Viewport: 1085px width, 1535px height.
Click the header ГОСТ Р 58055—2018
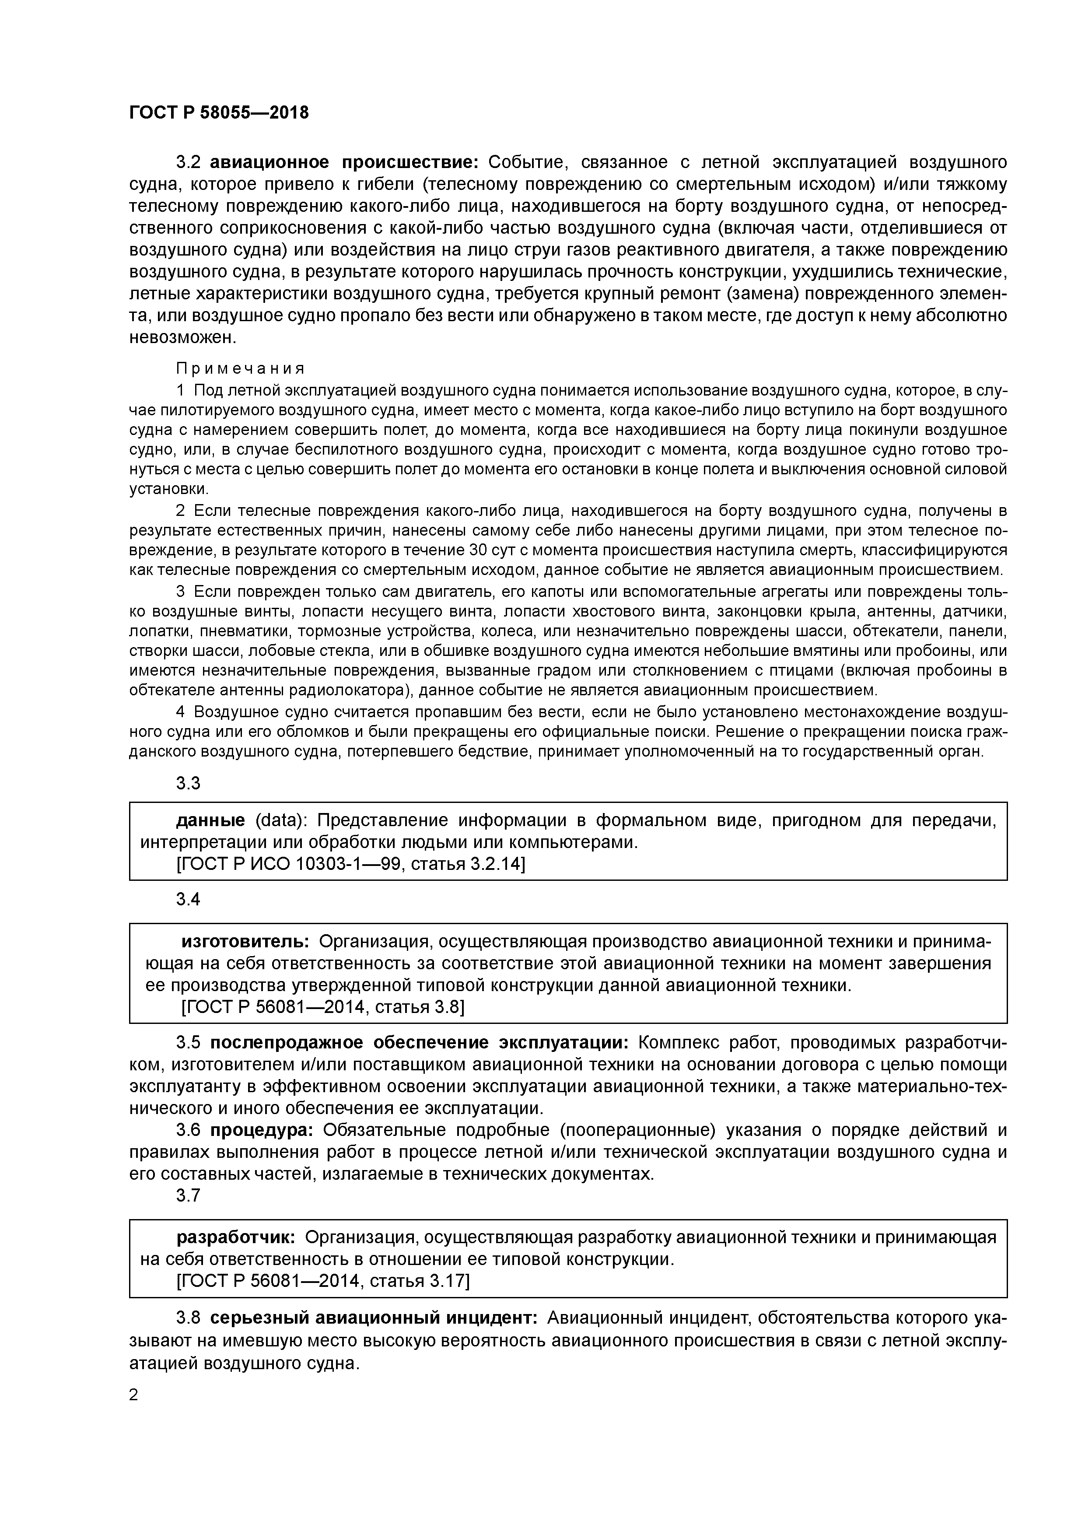pyautogui.click(x=219, y=113)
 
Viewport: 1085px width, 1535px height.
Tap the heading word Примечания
pyautogui.click(x=241, y=368)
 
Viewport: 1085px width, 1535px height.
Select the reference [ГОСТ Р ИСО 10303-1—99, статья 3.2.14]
pyautogui.click(x=350, y=865)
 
